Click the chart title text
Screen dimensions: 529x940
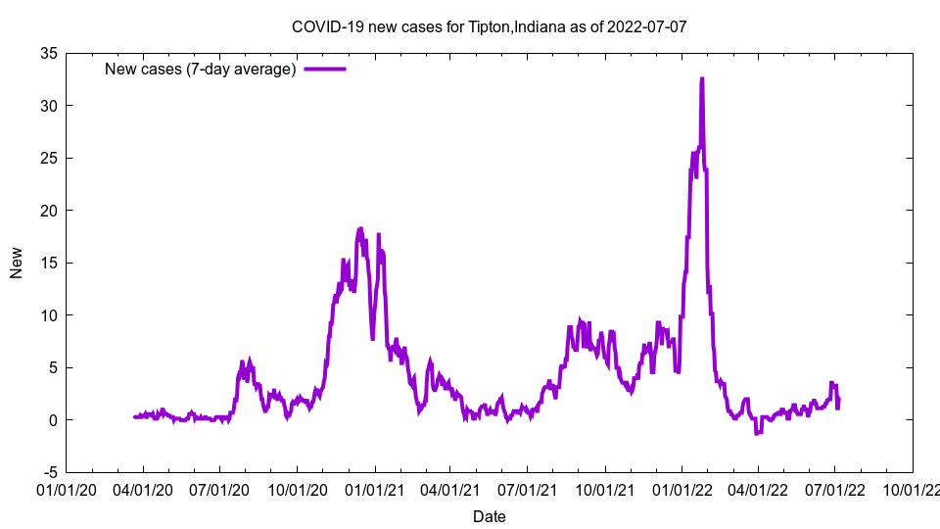coord(489,26)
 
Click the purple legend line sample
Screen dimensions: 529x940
coord(324,69)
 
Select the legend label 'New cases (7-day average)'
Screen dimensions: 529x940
coord(200,69)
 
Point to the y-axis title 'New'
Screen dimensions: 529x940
coord(17,263)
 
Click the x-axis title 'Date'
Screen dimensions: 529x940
coord(489,516)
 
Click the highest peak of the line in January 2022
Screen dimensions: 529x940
coord(702,79)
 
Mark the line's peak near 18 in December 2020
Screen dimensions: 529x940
coord(360,229)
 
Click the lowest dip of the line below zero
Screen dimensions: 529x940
coord(757,432)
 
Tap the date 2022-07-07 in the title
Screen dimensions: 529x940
coord(647,26)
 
